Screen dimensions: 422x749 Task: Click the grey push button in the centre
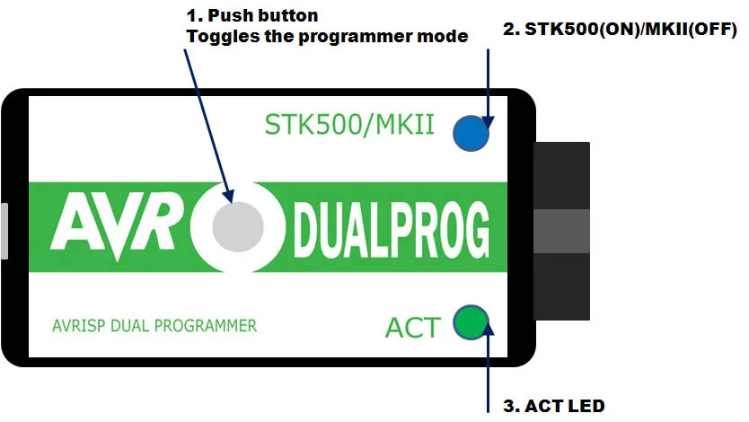pyautogui.click(x=238, y=225)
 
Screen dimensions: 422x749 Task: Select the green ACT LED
pyautogui.click(x=470, y=324)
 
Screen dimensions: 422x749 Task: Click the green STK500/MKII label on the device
pyautogui.click(x=349, y=125)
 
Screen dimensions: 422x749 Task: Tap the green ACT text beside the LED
pyautogui.click(x=413, y=328)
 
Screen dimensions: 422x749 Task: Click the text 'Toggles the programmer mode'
pyautogui.click(x=327, y=37)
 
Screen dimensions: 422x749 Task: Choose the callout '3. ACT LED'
pyautogui.click(x=554, y=406)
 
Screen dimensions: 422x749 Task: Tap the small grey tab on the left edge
pyautogui.click(x=4, y=231)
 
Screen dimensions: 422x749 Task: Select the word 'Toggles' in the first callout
pyautogui.click(x=216, y=37)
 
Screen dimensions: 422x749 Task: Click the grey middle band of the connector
pyautogui.click(x=562, y=231)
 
